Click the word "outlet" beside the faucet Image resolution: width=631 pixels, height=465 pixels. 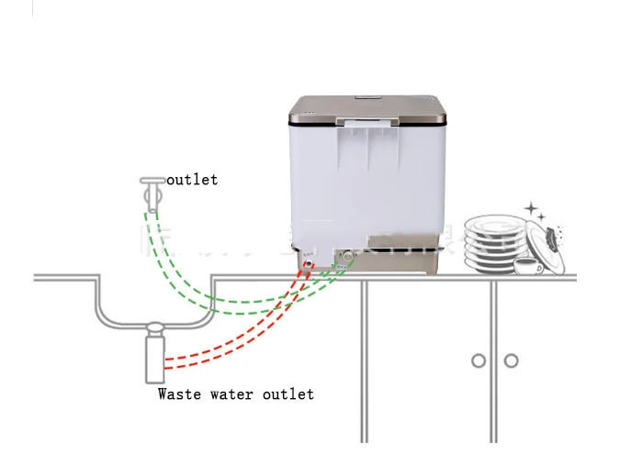pos(192,180)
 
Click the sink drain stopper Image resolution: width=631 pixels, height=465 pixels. pos(154,326)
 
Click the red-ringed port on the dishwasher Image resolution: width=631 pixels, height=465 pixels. pos(308,263)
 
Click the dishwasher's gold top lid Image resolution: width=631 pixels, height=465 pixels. pos(367,111)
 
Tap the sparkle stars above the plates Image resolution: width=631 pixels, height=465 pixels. pos(531,210)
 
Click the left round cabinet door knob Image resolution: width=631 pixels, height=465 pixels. pos(479,360)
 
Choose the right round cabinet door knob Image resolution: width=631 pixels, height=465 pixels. pos(510,360)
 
